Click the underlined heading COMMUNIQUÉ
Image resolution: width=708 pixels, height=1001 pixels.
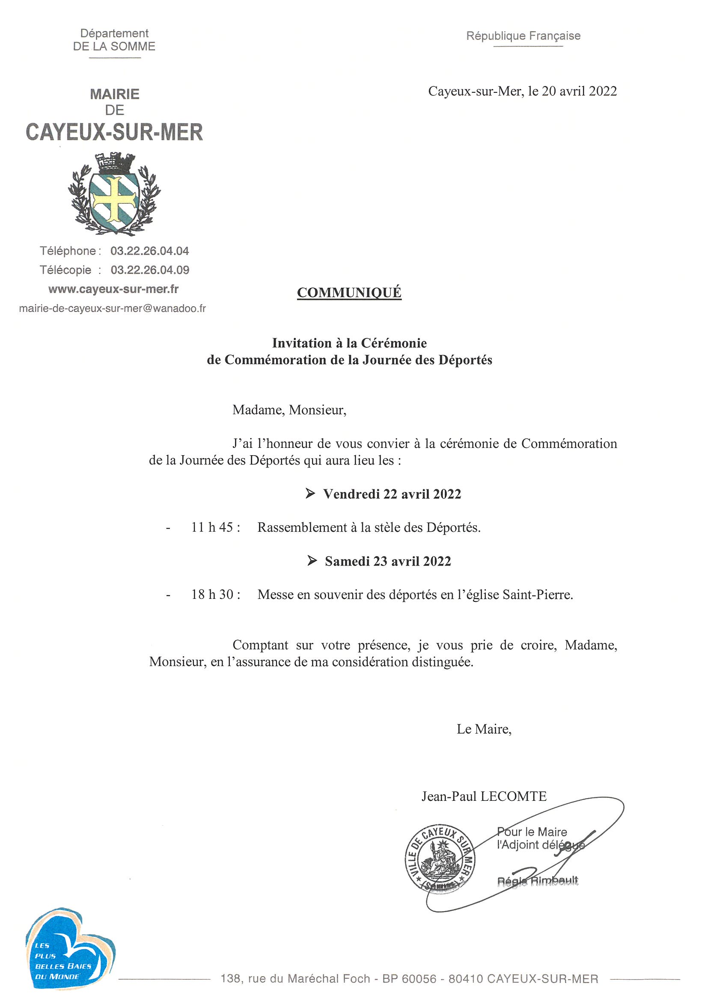point(349,293)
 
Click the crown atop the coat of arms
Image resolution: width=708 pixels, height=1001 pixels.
point(114,163)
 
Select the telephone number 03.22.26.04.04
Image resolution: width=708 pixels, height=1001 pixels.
point(150,251)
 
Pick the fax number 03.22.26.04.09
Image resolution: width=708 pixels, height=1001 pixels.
point(150,270)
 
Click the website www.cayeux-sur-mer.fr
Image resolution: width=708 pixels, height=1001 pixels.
point(113,289)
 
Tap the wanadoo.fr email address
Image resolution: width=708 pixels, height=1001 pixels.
point(113,309)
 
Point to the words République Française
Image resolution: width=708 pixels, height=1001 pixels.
point(523,36)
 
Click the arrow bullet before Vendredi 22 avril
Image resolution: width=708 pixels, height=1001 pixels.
point(310,494)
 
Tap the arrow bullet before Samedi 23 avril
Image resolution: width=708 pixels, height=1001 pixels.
point(312,561)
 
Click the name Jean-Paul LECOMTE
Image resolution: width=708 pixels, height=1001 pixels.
point(484,797)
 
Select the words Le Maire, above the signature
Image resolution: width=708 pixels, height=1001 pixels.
point(484,729)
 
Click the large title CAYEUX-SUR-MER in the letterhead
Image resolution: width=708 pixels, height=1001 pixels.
point(114,132)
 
